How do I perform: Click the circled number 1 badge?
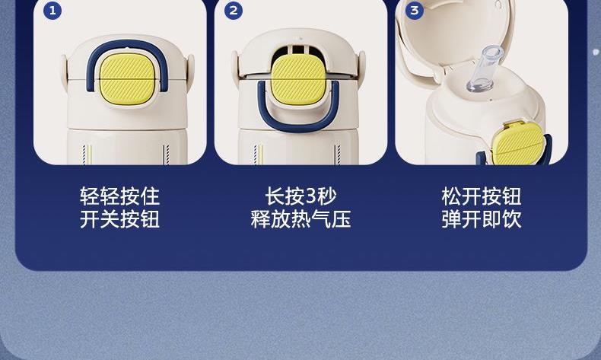coord(52,11)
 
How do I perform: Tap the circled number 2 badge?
coord(234,11)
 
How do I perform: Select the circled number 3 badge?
coord(415,11)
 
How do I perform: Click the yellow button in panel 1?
coord(126,78)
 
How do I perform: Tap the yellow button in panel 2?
coord(298,79)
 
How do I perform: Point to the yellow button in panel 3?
coord(518,142)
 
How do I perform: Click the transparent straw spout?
coord(485,69)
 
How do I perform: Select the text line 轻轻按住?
coord(120,196)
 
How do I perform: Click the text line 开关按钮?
coord(120,219)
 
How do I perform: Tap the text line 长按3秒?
coord(300,196)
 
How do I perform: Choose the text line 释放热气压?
coord(300,219)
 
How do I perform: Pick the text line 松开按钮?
coord(482,196)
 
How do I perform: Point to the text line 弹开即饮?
coord(482,219)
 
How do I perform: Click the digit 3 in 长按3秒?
coord(311,196)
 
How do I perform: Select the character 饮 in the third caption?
coord(512,219)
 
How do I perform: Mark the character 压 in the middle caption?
coord(341,219)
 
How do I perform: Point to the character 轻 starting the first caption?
coord(90,196)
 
